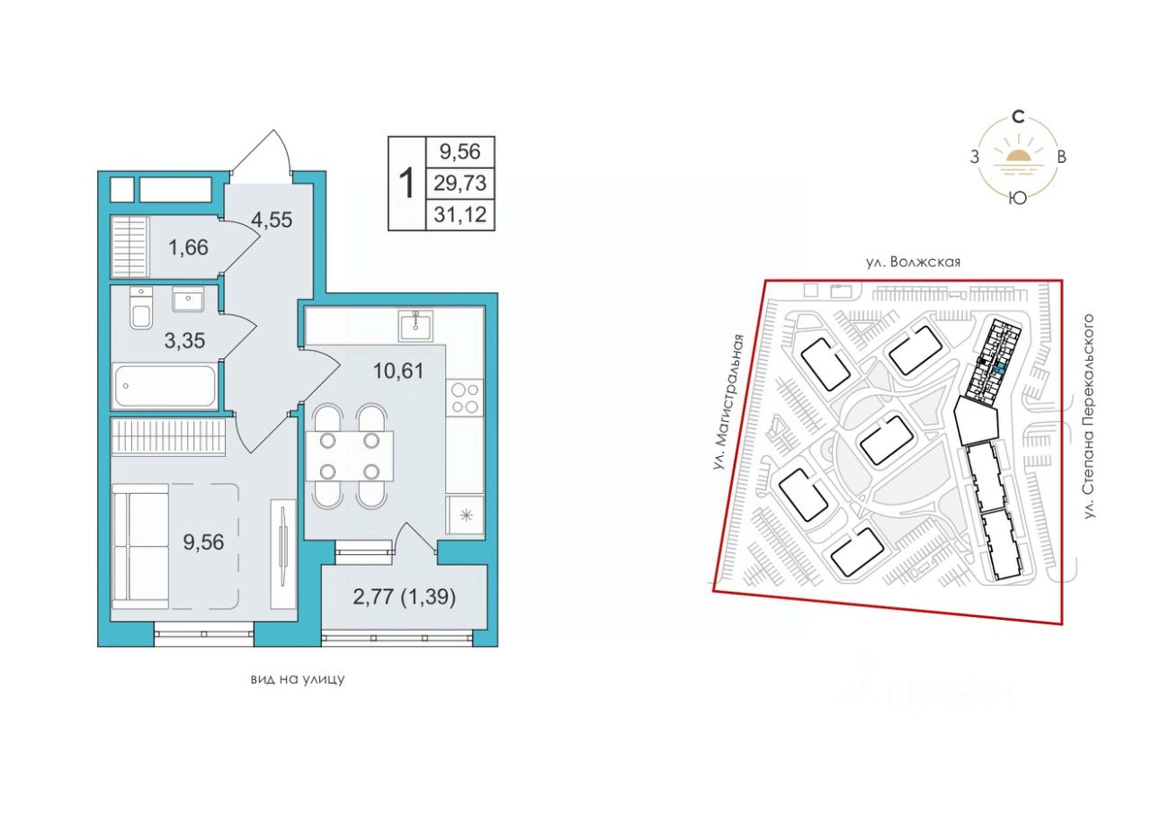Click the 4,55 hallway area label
(x=272, y=219)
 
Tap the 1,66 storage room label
(x=188, y=247)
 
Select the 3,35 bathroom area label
(x=184, y=340)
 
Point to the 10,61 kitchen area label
(x=398, y=371)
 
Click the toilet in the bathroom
(x=141, y=308)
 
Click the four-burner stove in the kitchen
(x=465, y=399)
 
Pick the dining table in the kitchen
(x=350, y=457)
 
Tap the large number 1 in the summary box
(x=407, y=183)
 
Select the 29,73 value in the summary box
(x=460, y=183)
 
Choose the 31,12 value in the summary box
(x=460, y=214)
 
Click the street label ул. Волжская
(x=912, y=263)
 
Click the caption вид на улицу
(x=298, y=680)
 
